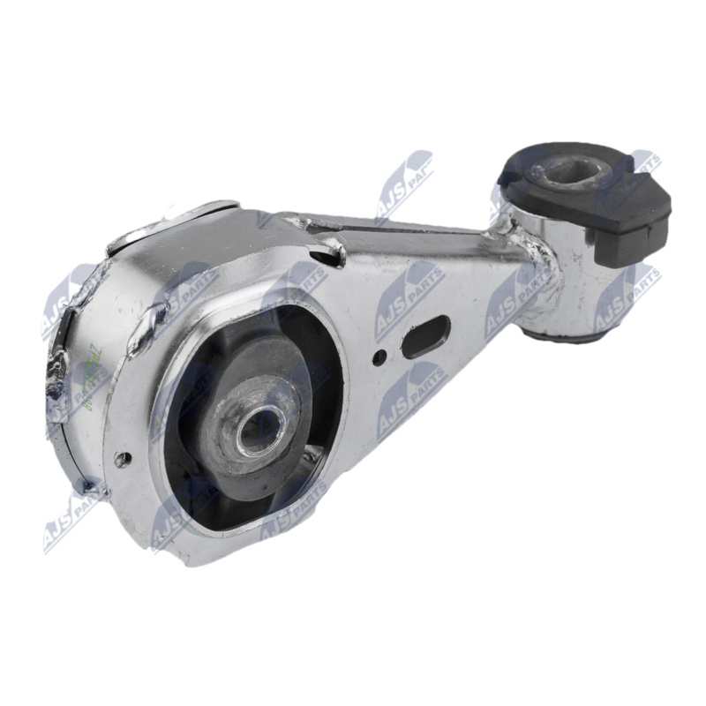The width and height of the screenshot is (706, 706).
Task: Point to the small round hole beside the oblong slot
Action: (x=379, y=358)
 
